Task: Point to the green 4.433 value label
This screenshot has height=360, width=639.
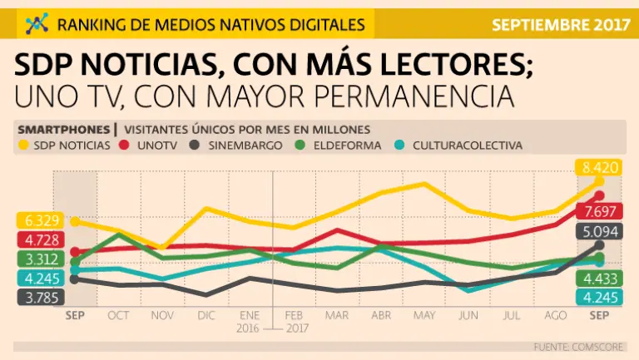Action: click(x=598, y=279)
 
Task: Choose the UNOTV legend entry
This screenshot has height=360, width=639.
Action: click(x=151, y=145)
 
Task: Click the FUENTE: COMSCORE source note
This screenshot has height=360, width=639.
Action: click(x=582, y=346)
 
